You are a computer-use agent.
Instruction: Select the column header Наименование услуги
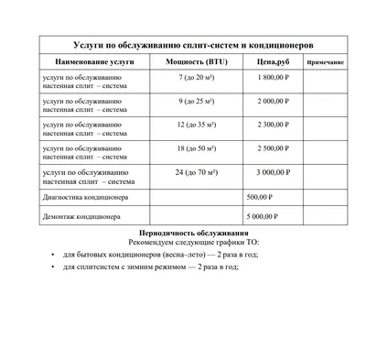[87, 62]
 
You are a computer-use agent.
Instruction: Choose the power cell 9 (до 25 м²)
[193, 101]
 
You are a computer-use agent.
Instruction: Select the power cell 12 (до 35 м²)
[193, 124]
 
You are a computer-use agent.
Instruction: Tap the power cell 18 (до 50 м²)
[193, 147]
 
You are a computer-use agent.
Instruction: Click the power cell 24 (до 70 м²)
[193, 170]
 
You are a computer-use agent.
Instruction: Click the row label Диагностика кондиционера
[87, 197]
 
